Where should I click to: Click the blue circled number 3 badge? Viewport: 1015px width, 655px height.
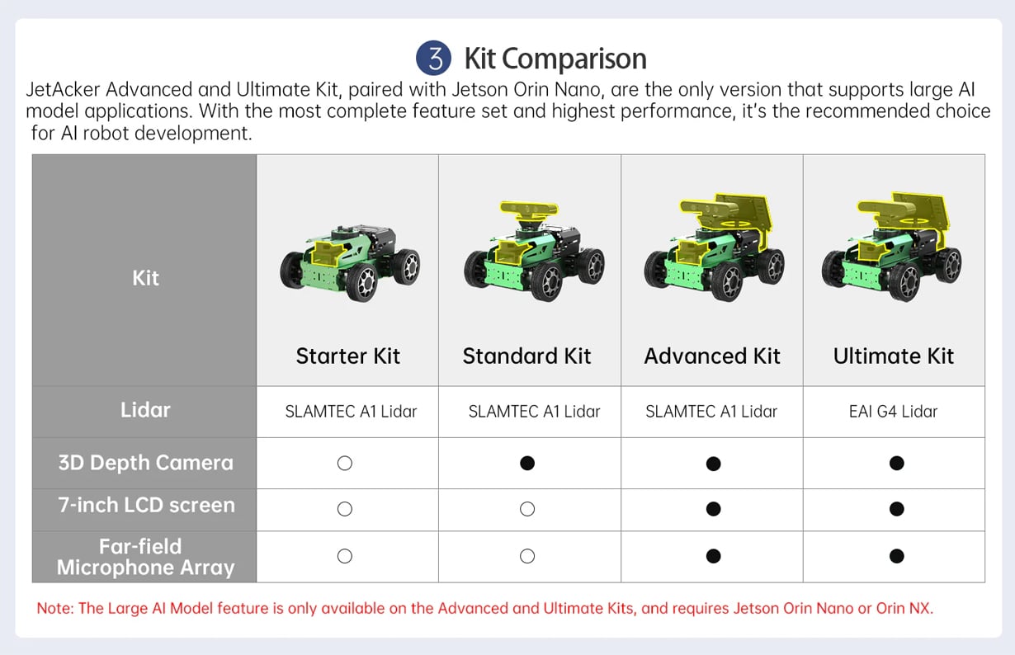[x=433, y=58]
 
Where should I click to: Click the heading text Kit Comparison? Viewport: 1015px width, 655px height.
[x=555, y=59]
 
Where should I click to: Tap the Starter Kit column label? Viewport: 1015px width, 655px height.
[x=347, y=356]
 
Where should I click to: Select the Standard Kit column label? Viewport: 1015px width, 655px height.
[x=526, y=356]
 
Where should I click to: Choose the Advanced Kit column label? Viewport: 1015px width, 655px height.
[x=712, y=356]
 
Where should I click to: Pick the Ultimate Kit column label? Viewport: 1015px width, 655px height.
[x=893, y=356]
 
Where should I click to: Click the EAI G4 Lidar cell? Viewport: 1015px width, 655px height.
[x=893, y=412]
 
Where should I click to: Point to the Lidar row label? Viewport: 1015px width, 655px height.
[x=145, y=410]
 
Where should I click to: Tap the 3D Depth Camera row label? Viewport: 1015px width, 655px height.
[x=145, y=463]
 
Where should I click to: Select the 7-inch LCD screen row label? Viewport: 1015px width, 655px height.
[x=146, y=505]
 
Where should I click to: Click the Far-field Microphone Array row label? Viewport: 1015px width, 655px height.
[x=145, y=557]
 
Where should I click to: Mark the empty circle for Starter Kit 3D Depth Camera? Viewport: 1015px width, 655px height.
[x=345, y=463]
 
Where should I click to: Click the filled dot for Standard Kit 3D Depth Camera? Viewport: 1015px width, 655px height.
[x=527, y=463]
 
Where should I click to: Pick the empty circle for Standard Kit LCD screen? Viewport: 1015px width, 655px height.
[x=527, y=509]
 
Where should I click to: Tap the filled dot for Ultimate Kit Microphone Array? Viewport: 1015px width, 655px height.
[x=896, y=556]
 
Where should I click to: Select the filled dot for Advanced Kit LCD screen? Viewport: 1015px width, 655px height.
[x=713, y=509]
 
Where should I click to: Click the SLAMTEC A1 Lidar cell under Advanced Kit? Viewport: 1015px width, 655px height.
[x=711, y=412]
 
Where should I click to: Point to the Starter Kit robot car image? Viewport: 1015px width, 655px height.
[x=350, y=262]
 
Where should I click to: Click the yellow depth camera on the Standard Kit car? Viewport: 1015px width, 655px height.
[x=529, y=210]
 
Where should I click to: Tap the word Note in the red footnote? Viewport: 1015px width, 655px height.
[x=54, y=608]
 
